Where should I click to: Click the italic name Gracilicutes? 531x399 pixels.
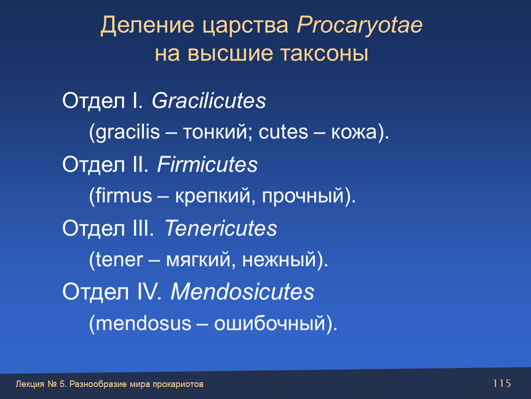click(x=209, y=101)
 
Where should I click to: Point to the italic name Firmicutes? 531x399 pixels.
click(x=207, y=164)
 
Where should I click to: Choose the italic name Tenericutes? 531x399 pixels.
click(x=221, y=228)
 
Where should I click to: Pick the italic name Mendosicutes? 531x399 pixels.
click(x=242, y=291)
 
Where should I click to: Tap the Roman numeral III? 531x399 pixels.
click(x=142, y=228)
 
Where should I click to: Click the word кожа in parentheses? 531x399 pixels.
click(x=354, y=133)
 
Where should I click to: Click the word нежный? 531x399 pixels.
click(x=279, y=260)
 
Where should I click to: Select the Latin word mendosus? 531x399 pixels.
click(x=143, y=323)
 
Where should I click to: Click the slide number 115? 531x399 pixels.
click(x=502, y=383)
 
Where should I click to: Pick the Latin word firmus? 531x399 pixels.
click(x=123, y=195)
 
